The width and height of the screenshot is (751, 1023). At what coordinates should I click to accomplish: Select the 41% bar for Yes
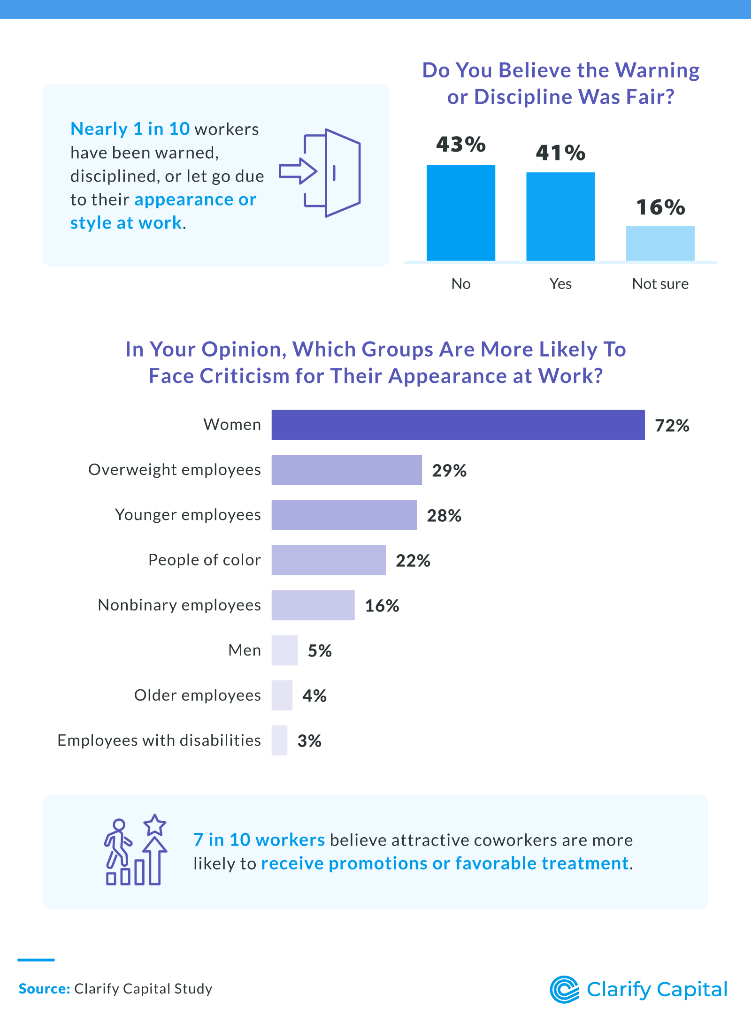click(560, 216)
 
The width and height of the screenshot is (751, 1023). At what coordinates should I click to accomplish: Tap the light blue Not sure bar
click(660, 243)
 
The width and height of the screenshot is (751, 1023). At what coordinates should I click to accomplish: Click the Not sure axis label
click(660, 284)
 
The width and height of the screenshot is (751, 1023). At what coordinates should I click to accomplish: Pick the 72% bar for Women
click(458, 425)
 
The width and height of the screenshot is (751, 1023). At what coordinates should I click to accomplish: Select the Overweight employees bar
click(346, 470)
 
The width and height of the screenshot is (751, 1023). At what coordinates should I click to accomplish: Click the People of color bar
click(329, 560)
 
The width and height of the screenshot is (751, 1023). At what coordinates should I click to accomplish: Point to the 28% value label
click(444, 516)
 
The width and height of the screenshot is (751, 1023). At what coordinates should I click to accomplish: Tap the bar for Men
click(284, 650)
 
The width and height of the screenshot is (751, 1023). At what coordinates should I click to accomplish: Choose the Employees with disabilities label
click(159, 741)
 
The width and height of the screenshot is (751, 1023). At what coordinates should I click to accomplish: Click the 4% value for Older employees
click(314, 696)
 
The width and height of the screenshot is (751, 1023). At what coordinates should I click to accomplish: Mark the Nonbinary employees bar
click(313, 605)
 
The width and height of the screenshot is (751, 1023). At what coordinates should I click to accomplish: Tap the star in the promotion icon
click(154, 825)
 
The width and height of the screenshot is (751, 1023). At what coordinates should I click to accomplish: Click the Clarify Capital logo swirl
click(565, 989)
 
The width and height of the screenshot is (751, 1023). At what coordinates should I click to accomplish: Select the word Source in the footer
click(44, 989)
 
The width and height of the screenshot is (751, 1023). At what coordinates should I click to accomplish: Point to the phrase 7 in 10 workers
click(259, 840)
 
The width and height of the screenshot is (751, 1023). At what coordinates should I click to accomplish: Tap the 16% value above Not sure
click(660, 207)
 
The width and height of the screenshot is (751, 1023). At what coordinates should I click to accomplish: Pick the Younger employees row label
click(188, 515)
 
